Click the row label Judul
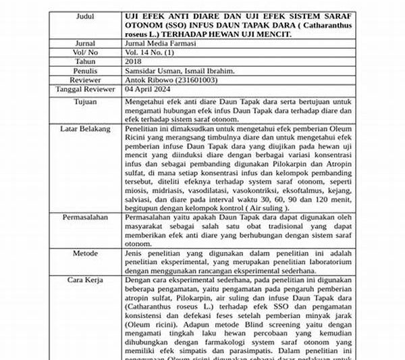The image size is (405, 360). [85, 14]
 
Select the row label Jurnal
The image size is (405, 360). [85, 42]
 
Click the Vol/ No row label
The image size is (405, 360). [85, 51]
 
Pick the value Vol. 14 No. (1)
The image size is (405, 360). [157, 51]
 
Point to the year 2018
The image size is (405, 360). [135, 61]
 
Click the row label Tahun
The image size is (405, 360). [85, 61]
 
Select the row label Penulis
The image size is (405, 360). [85, 70]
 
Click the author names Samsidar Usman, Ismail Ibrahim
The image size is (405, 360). [181, 70]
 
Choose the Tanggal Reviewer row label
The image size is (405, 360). [85, 89]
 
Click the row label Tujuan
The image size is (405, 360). [85, 101]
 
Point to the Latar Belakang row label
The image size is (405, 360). [85, 126]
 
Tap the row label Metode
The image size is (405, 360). [85, 253]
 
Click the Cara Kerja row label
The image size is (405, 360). [85, 278]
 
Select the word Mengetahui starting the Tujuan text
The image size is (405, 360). [146, 101]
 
